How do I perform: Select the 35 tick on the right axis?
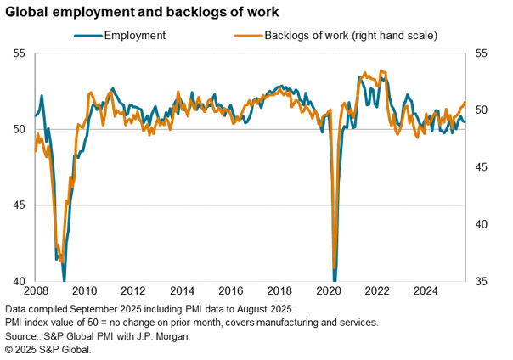point(482,281)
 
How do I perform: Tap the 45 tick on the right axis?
point(482,167)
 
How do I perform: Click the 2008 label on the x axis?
point(35,290)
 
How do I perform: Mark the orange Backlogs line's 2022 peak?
point(381,70)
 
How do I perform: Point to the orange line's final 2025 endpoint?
point(465,103)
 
